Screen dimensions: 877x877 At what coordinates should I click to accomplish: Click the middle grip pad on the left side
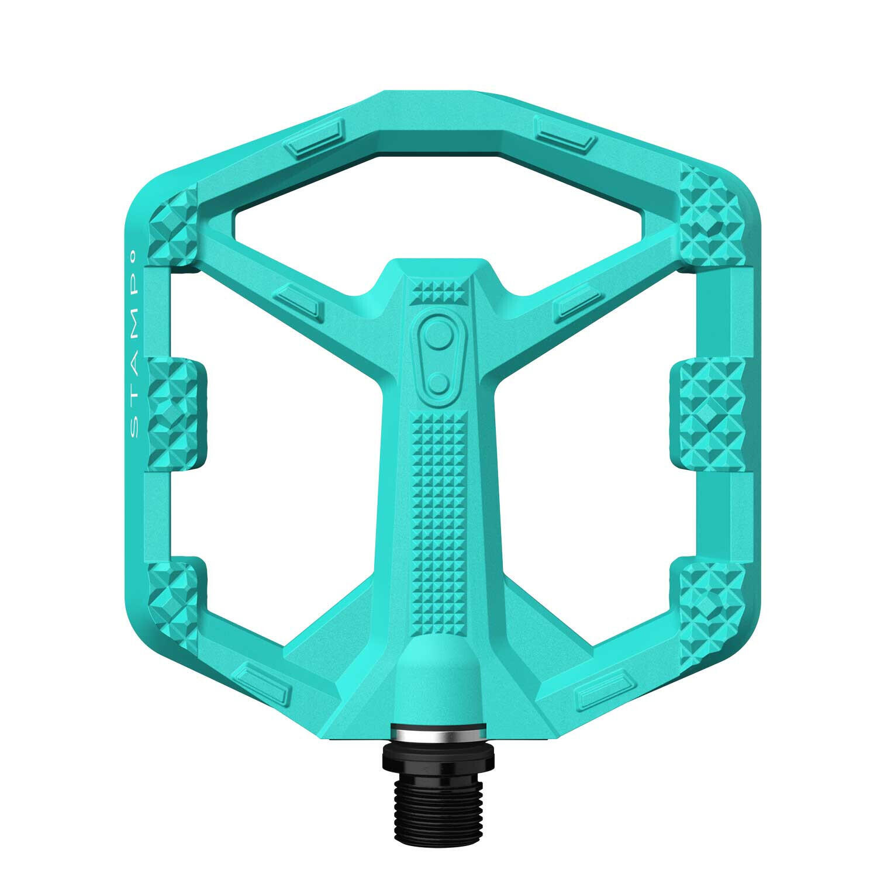tap(177, 408)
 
